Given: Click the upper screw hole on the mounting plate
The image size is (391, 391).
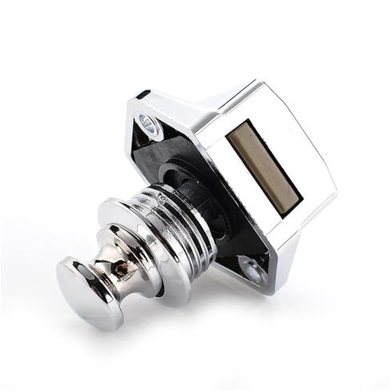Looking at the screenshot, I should [x=147, y=121].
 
